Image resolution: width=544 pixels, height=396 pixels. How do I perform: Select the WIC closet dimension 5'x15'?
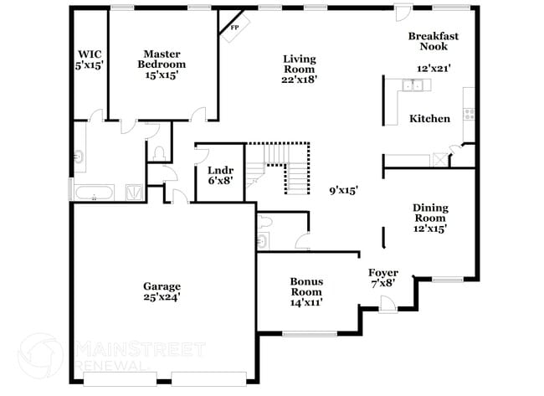(x=89, y=64)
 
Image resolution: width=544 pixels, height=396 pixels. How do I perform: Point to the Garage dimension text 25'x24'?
(x=162, y=296)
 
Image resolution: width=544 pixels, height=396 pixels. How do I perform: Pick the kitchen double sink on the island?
(x=411, y=85)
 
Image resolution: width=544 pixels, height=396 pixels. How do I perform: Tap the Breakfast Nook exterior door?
(x=403, y=15)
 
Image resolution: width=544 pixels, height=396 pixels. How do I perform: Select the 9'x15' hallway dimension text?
(x=343, y=190)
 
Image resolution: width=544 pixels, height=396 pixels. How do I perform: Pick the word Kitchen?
(x=429, y=119)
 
